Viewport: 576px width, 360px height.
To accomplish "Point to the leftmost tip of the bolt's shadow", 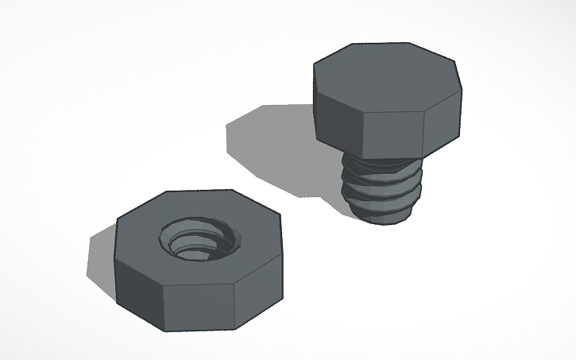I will [x=226, y=126].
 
